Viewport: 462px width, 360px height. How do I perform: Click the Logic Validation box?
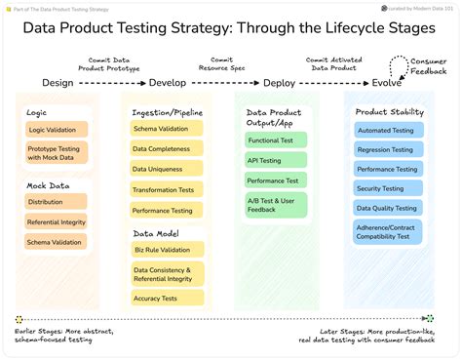57,130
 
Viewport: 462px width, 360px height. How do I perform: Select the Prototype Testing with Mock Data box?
57,153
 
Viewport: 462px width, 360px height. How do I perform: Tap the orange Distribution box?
57,202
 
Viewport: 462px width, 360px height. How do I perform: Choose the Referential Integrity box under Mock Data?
57,221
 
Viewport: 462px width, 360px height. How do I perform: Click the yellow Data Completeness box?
168,148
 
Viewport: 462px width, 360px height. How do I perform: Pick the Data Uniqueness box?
168,169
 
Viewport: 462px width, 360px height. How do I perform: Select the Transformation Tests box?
168,190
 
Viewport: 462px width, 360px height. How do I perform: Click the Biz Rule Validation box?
168,250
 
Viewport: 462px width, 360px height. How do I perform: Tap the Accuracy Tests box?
168,299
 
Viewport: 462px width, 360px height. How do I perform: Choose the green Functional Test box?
276,140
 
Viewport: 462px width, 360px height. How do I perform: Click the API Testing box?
276,161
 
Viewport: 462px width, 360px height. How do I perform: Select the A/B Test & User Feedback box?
276,205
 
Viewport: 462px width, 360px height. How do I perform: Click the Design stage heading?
58,83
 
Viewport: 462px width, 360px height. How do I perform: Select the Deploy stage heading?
279,83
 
